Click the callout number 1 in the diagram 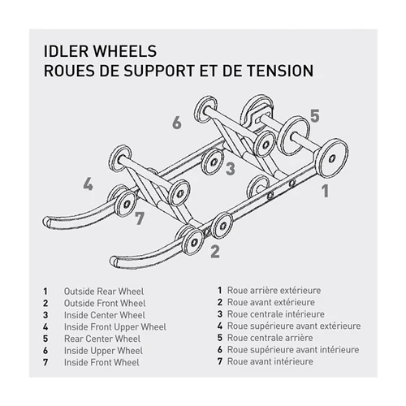[325, 192]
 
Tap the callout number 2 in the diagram [214, 251]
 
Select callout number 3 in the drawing [231, 169]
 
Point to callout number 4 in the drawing [88, 184]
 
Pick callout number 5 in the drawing [314, 114]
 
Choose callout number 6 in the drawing [175, 123]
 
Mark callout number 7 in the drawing [140, 218]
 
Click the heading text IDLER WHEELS [97, 51]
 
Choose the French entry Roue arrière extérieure [274, 290]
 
